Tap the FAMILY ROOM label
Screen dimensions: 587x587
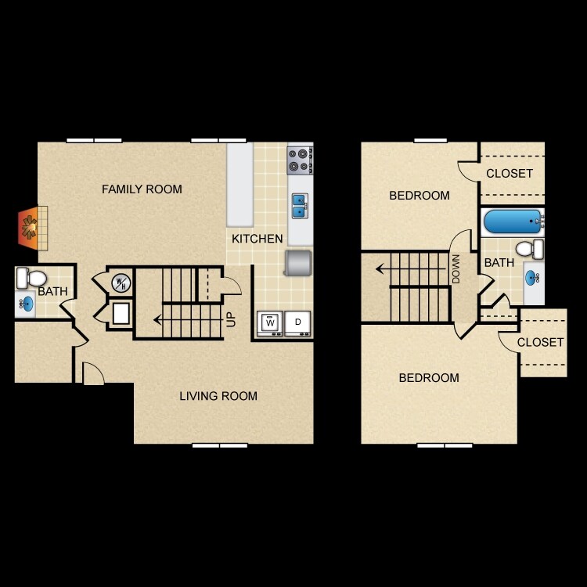click(142, 189)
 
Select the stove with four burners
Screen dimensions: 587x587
click(299, 160)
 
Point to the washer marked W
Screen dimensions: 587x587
click(270, 322)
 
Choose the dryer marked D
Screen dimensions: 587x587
click(297, 322)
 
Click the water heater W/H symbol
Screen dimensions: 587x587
click(120, 283)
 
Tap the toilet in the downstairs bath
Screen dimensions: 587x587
click(31, 277)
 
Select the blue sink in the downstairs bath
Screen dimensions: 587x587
click(25, 304)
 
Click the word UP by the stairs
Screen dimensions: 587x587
click(231, 319)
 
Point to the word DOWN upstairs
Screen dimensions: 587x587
click(456, 269)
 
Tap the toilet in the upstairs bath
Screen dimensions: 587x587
click(531, 250)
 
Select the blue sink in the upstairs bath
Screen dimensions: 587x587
click(533, 277)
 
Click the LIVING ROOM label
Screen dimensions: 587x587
click(218, 396)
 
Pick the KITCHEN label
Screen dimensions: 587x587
click(257, 239)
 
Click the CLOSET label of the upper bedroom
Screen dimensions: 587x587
click(510, 174)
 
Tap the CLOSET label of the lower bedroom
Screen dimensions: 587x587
click(540, 343)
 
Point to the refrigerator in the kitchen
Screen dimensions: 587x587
click(299, 263)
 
